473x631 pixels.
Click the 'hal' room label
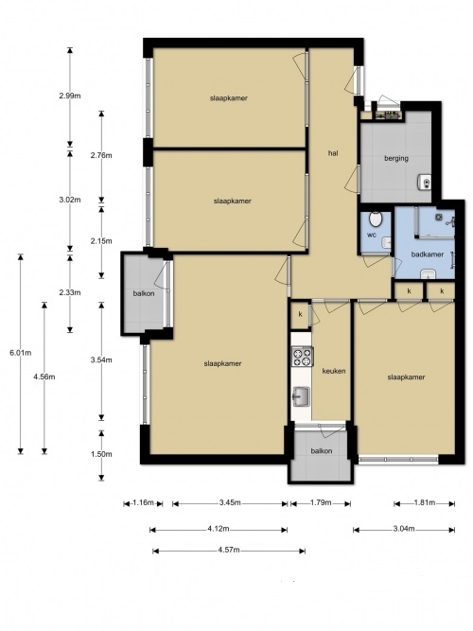coord(333,153)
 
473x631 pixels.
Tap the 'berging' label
coord(396,159)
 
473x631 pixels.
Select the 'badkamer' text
coord(427,254)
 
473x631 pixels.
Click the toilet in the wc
coord(376,219)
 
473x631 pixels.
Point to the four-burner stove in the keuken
coord(302,357)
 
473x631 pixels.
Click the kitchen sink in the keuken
coord(301,396)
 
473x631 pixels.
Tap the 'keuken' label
coord(334,371)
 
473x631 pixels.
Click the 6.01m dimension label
coord(21,353)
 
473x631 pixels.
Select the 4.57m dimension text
coord(229,550)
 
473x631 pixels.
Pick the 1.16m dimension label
coord(143,502)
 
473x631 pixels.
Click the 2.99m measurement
coord(70,96)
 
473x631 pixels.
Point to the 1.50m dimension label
coord(101,454)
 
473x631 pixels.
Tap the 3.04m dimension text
coord(404,529)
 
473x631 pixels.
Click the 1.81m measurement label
coord(425,502)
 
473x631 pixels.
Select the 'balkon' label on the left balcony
coord(144,294)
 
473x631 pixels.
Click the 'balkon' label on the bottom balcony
coord(322,451)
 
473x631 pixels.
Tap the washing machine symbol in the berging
coord(425,182)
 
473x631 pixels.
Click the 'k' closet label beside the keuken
coord(300,314)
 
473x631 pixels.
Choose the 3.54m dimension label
coord(101,360)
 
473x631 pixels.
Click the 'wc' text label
coord(372,235)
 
